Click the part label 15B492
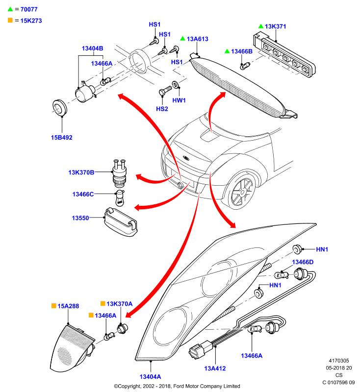click(x=61, y=138)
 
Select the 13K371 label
click(x=275, y=26)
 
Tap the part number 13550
click(x=80, y=218)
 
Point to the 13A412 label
click(x=215, y=368)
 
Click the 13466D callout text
click(x=303, y=262)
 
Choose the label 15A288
click(x=68, y=306)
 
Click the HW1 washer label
click(x=179, y=100)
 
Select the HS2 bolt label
click(x=162, y=109)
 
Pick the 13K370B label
click(x=81, y=172)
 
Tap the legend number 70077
click(x=29, y=9)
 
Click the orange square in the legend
click(x=10, y=20)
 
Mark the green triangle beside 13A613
click(x=182, y=39)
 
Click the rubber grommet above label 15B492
click(x=59, y=107)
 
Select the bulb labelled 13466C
click(x=120, y=198)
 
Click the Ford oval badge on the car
click(x=186, y=158)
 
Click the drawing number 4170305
click(x=338, y=361)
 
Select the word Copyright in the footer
click(x=129, y=386)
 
